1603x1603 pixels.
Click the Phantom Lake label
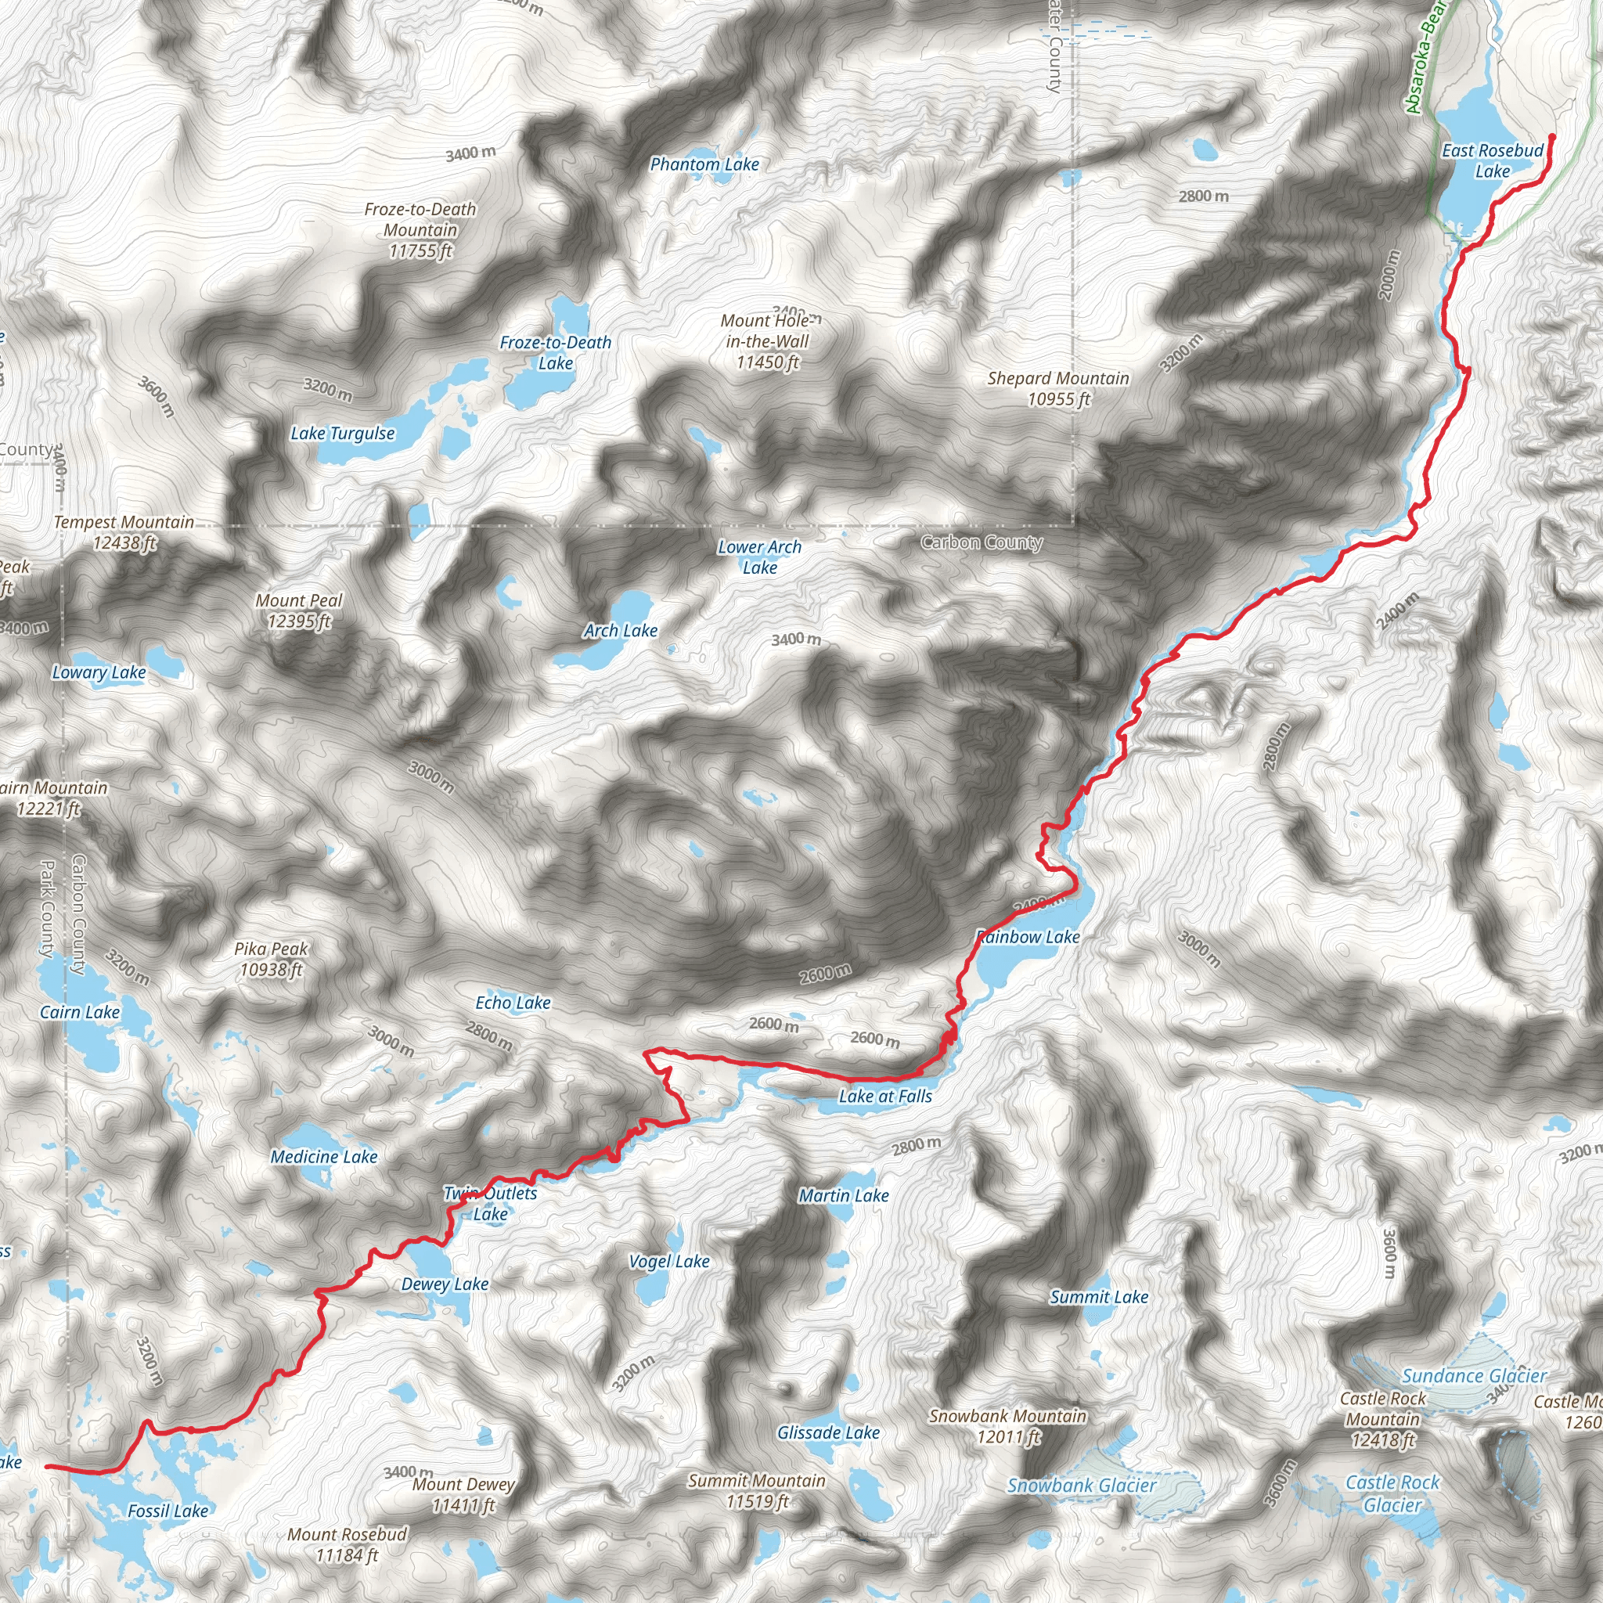pyautogui.click(x=704, y=164)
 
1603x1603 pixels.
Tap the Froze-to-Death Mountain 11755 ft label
pyautogui.click(x=420, y=230)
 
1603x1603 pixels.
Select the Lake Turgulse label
pyautogui.click(x=342, y=433)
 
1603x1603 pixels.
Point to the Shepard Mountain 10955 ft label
pyautogui.click(x=1058, y=388)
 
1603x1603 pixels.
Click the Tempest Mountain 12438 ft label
pyautogui.click(x=124, y=531)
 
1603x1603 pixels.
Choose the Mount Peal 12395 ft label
pyautogui.click(x=299, y=610)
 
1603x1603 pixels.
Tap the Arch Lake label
pyautogui.click(x=620, y=631)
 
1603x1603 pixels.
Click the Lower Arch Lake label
pyautogui.click(x=759, y=557)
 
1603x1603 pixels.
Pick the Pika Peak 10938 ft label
pyautogui.click(x=271, y=958)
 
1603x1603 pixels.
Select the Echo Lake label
pyautogui.click(x=513, y=1003)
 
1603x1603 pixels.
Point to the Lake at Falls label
pyautogui.click(x=885, y=1096)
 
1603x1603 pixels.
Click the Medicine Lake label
pyautogui.click(x=323, y=1157)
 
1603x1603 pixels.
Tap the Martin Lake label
pyautogui.click(x=843, y=1196)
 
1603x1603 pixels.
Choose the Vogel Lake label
pyautogui.click(x=668, y=1261)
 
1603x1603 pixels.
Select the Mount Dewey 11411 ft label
pyautogui.click(x=464, y=1494)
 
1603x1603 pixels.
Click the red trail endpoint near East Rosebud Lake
pyautogui.click(x=1552, y=137)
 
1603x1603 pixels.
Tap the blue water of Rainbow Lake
pyautogui.click(x=1008, y=963)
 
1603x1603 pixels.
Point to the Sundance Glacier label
pyautogui.click(x=1474, y=1376)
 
